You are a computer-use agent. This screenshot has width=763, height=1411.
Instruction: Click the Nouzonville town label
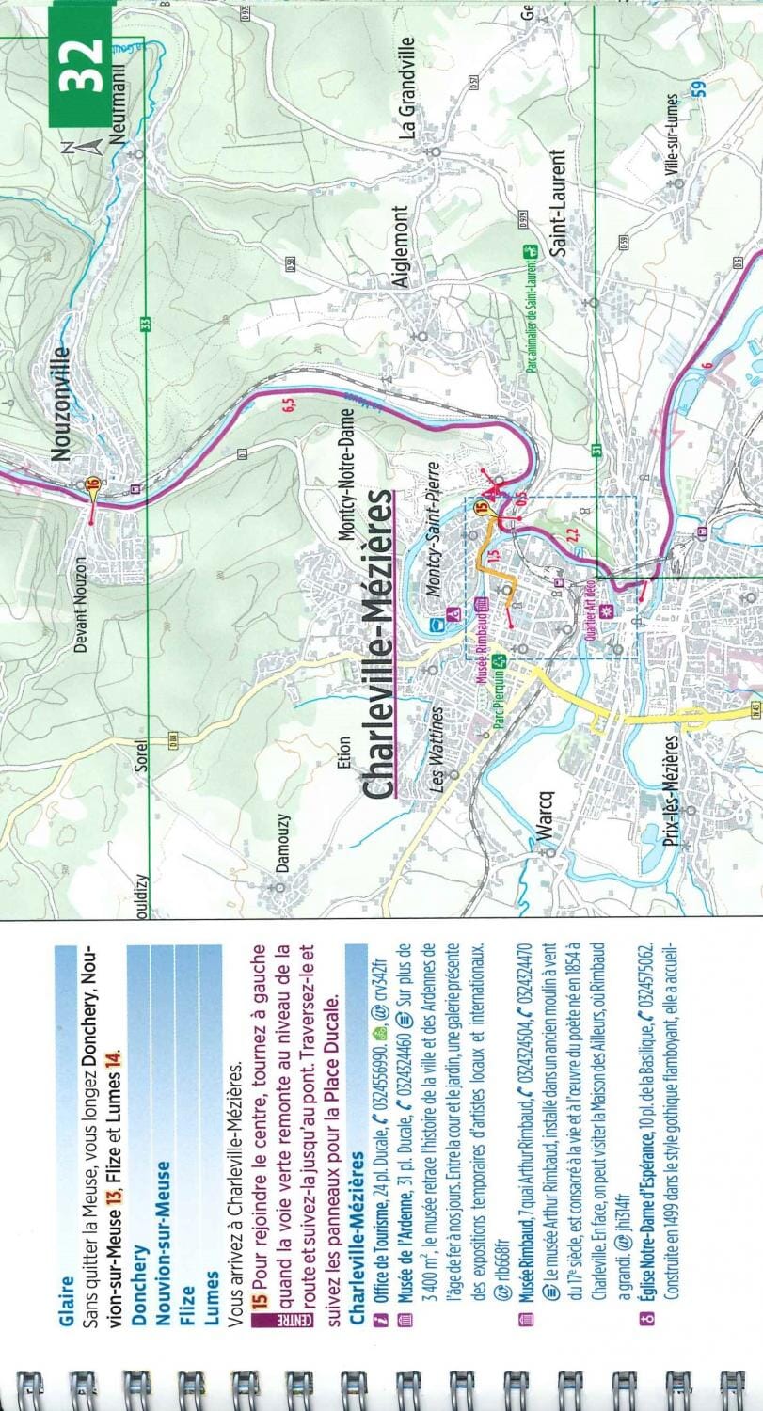pyautogui.click(x=62, y=404)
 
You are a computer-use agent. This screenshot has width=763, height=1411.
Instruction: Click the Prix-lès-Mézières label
pyautogui.click(x=671, y=792)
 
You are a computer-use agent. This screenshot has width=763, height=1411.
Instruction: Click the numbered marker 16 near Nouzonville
pyautogui.click(x=92, y=484)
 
